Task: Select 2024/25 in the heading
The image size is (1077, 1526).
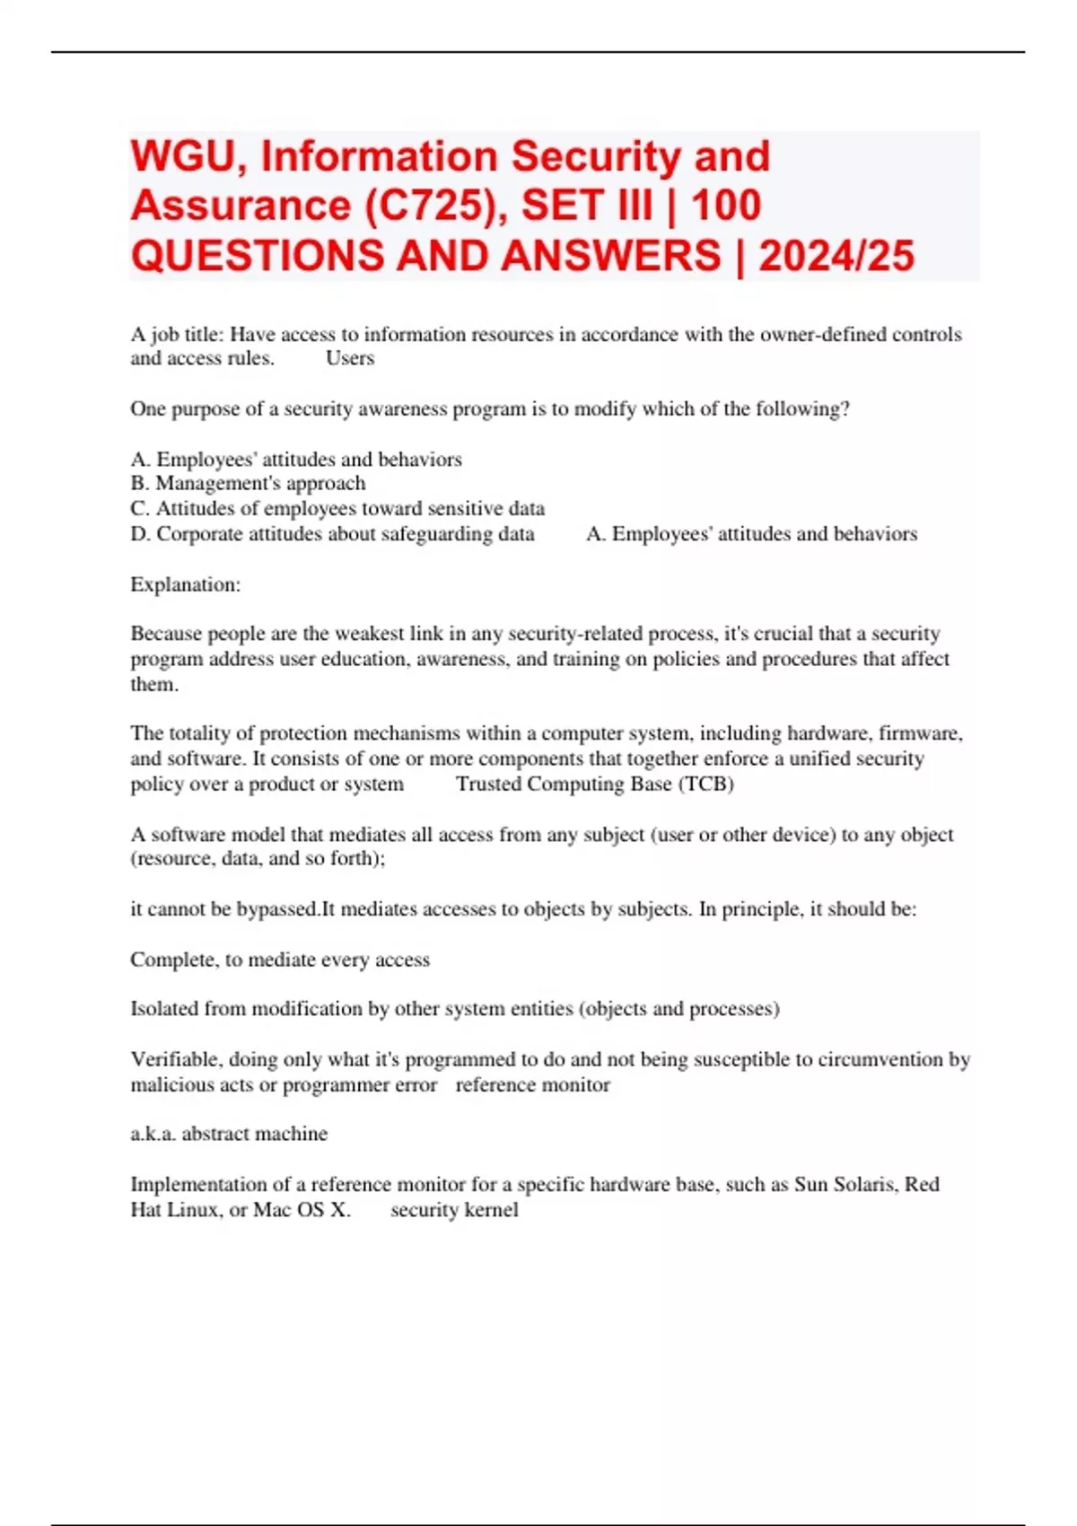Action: pyautogui.click(x=836, y=256)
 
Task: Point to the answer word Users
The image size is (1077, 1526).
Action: pyautogui.click(x=350, y=358)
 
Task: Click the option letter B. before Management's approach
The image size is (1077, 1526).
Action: pyautogui.click(x=140, y=484)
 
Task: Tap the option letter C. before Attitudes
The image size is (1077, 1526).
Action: pyautogui.click(x=140, y=509)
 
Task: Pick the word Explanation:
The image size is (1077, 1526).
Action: pyautogui.click(x=185, y=585)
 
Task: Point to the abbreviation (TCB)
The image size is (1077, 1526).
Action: pyautogui.click(x=705, y=784)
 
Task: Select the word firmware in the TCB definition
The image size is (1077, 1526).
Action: pyautogui.click(x=919, y=733)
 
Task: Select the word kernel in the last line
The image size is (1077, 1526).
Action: pyautogui.click(x=492, y=1210)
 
